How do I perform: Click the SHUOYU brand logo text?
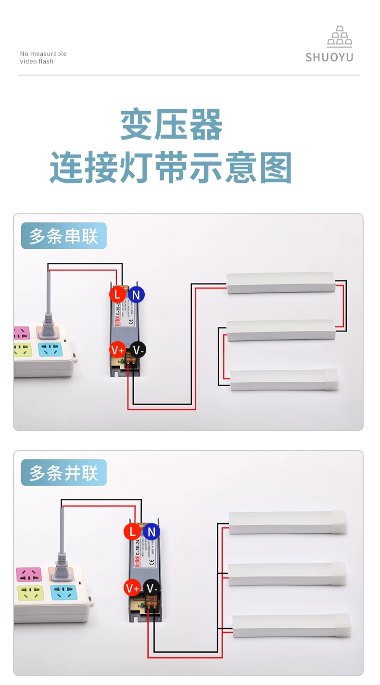click(329, 57)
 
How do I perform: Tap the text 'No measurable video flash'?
click(43, 57)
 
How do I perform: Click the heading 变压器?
click(171, 125)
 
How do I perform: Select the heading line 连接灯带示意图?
click(171, 168)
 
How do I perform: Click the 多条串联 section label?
click(63, 236)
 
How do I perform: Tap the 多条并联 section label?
click(63, 473)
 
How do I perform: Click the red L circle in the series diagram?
click(117, 294)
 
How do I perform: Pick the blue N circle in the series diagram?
click(136, 295)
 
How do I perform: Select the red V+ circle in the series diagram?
click(118, 349)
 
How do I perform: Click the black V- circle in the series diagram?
click(138, 350)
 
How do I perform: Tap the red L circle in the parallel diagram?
click(132, 531)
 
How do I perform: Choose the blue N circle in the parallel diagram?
click(152, 531)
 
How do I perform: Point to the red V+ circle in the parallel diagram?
click(132, 588)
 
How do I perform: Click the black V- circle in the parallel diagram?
click(152, 588)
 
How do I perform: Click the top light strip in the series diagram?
click(280, 283)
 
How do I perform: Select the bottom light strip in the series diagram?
click(284, 380)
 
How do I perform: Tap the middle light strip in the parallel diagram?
click(287, 574)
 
